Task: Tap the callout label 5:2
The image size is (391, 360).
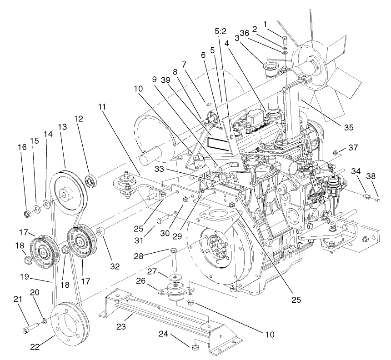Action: pos(221,32)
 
